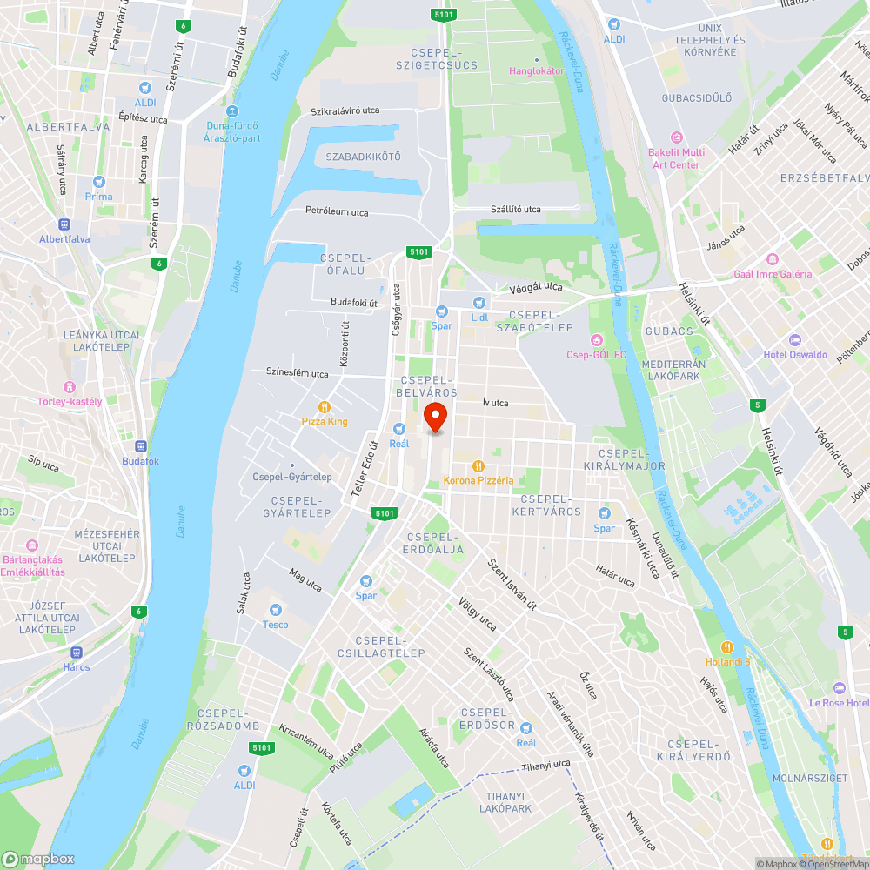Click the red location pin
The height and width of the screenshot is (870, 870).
(434, 418)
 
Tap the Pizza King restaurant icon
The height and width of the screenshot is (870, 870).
(325, 406)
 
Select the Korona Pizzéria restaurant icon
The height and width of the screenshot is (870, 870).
(478, 465)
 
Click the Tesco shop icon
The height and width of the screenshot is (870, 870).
(276, 610)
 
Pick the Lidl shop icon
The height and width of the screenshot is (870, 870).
(478, 302)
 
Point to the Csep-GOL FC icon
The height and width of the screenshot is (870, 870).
(596, 339)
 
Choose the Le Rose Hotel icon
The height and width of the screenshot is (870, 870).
(839, 687)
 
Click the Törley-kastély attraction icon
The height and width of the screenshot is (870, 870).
(70, 386)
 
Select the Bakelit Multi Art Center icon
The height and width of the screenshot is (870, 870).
(676, 137)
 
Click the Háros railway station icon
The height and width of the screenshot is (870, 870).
(76, 652)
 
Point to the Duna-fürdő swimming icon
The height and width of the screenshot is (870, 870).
(231, 111)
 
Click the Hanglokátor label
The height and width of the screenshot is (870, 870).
(537, 70)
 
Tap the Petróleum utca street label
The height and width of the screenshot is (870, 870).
(337, 211)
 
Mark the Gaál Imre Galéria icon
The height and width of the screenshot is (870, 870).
(772, 259)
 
